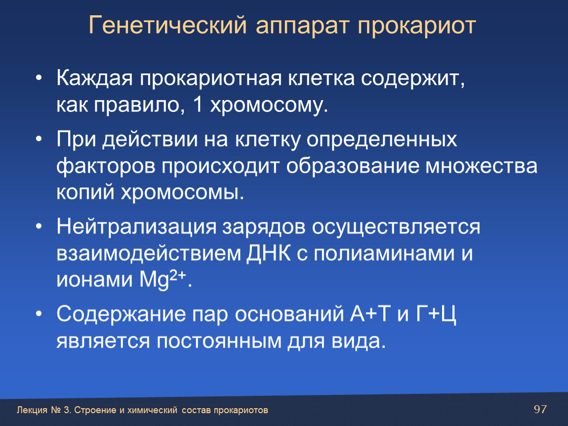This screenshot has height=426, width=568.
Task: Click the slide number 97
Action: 540,409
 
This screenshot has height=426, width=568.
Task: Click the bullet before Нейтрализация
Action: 39,226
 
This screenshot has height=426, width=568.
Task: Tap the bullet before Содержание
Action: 39,314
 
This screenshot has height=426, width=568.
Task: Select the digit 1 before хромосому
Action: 197,105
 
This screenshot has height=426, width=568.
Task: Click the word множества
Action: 481,166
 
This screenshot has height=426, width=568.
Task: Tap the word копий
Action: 85,192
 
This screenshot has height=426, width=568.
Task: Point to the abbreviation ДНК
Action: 269,253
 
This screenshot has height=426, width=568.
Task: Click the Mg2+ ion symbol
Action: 163,279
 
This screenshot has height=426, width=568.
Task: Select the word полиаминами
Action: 384,253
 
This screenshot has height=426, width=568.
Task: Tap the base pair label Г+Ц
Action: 436,315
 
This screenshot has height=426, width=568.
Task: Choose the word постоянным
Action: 219,341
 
